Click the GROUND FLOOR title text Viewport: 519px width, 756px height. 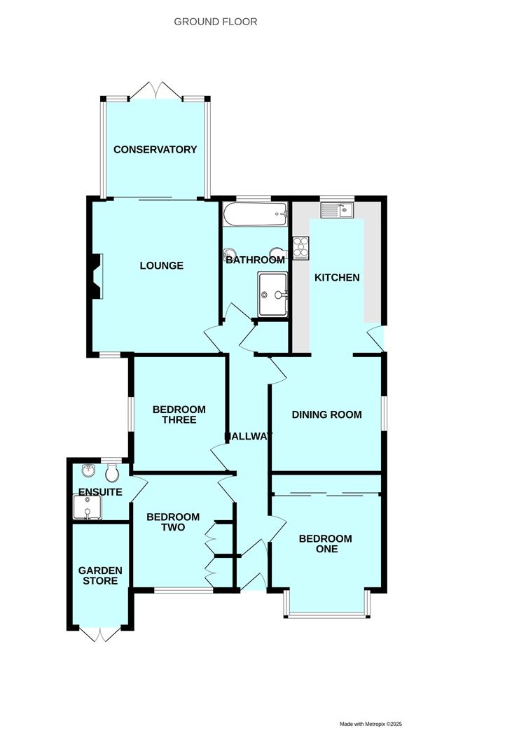pos(216,22)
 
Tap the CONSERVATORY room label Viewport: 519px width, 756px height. pos(155,150)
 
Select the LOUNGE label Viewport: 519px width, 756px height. pos(162,266)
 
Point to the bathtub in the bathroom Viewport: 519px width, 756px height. pos(255,214)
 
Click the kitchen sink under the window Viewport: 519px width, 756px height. pos(337,210)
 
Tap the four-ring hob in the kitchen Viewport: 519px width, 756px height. pos(300,248)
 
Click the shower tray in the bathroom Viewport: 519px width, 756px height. pos(273,294)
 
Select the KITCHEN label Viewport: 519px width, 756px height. pos(337,278)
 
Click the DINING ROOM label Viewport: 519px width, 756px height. pos(327,414)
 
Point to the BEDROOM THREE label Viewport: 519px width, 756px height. pos(179,414)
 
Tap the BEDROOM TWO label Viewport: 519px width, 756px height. pos(173,522)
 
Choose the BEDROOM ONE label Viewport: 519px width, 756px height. pos(326,544)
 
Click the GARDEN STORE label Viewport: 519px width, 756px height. pos(100,575)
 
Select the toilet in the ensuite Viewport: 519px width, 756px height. pos(112,473)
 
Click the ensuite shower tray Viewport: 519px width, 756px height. pos(88,507)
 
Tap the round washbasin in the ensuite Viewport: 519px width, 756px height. pos(88,470)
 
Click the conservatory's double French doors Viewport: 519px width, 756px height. pos(155,90)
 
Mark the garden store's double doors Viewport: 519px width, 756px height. pos(100,635)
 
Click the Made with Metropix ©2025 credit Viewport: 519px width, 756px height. pos(371,724)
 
